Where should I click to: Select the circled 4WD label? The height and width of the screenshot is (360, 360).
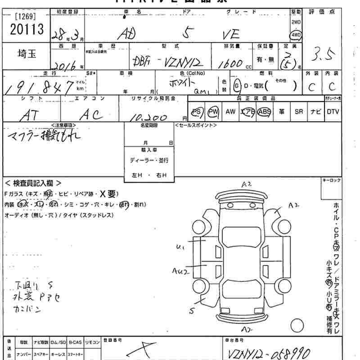tap(296, 35)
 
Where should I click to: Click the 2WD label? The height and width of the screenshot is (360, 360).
tap(296, 22)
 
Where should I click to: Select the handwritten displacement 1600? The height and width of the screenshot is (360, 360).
tap(230, 64)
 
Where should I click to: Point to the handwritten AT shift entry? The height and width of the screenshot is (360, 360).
tap(30, 115)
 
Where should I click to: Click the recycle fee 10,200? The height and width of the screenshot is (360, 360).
tap(149, 118)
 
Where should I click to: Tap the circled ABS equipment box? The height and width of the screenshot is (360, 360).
tap(265, 112)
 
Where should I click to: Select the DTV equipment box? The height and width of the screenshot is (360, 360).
tap(333, 112)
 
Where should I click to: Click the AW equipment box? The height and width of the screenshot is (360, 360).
tap(230, 112)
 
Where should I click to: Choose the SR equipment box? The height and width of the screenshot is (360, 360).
tap(299, 112)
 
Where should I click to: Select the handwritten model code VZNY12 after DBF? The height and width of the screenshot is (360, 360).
tap(178, 62)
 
